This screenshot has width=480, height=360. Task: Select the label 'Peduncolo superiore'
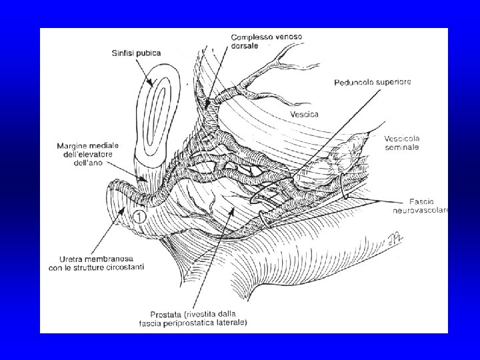click(372, 82)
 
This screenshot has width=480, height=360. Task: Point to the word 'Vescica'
click(304, 114)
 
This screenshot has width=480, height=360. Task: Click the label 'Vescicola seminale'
click(402, 143)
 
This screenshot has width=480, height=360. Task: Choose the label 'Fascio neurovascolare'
click(423, 205)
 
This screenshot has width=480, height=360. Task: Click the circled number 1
click(139, 215)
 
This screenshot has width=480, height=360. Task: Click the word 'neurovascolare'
click(423, 210)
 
